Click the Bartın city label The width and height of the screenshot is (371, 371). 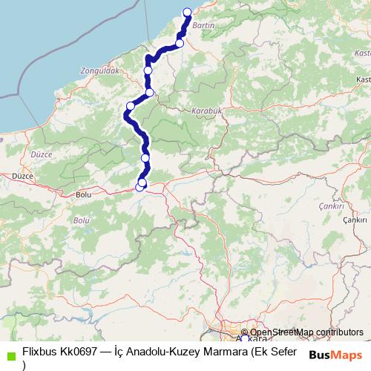click(x=203, y=25)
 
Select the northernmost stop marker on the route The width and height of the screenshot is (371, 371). click(x=187, y=12)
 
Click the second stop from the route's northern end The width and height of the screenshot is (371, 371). click(x=180, y=44)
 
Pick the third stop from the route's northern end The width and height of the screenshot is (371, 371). click(x=148, y=70)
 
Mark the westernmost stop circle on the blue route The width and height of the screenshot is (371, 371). click(x=131, y=105)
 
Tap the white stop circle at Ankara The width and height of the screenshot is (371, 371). click(x=245, y=339)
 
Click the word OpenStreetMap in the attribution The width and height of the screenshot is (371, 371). click(x=282, y=332)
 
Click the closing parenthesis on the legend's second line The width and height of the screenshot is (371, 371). click(x=24, y=365)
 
